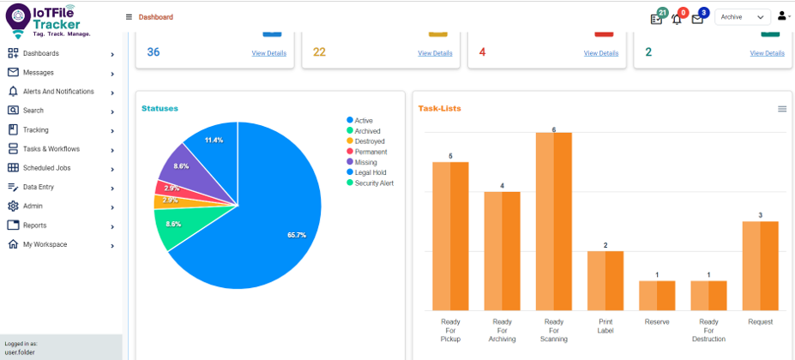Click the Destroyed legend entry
[369, 141]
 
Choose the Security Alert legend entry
[373, 183]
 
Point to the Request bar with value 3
[760, 266]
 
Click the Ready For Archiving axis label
[502, 330]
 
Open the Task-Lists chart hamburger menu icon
[782, 109]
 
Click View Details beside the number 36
[269, 53]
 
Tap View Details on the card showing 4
[601, 53]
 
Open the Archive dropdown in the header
[743, 17]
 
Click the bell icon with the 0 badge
[677, 18]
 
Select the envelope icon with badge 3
[697, 18]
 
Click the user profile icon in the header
[782, 16]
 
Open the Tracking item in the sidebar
[36, 130]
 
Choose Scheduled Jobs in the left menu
[46, 168]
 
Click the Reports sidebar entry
[34, 225]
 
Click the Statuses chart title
[160, 109]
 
